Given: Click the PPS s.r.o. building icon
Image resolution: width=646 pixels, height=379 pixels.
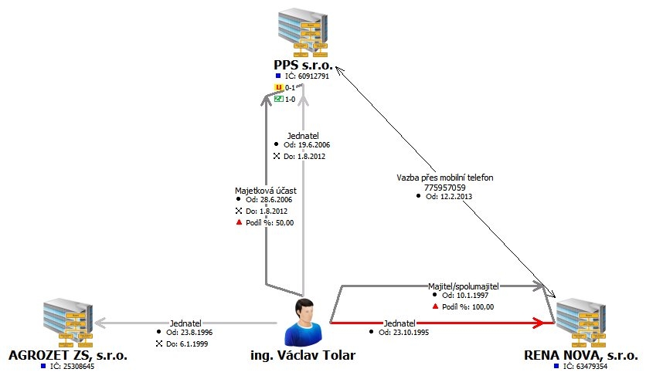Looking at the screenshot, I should (x=302, y=32).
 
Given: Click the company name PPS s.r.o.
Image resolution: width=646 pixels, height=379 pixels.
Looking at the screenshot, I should (x=302, y=65).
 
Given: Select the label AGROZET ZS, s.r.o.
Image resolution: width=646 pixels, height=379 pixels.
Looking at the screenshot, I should (x=67, y=356).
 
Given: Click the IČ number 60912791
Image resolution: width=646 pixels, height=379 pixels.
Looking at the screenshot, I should (x=307, y=76).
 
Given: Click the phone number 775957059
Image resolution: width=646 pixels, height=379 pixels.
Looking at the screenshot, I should (x=444, y=187).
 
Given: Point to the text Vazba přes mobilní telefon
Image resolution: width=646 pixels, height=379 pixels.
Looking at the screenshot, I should (x=444, y=178).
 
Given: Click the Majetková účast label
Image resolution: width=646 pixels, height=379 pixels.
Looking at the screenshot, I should (x=263, y=189).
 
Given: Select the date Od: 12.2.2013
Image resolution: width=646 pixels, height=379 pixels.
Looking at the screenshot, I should (x=449, y=197).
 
